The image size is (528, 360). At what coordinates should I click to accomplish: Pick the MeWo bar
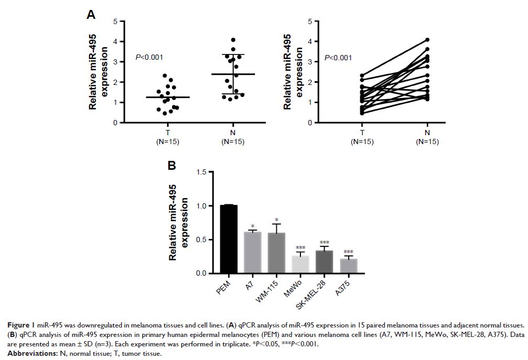click(x=300, y=264)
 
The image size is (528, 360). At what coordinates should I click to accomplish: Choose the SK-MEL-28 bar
click(x=324, y=262)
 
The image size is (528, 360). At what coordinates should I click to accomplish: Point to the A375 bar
click(x=348, y=266)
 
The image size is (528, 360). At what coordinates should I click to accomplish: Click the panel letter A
click(x=91, y=15)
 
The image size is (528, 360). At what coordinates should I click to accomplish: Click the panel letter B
click(x=171, y=166)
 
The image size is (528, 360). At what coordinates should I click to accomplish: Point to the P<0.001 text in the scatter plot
click(x=149, y=57)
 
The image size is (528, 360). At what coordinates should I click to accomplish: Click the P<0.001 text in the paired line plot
click(x=338, y=57)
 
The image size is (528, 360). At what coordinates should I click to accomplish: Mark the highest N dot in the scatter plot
click(x=233, y=40)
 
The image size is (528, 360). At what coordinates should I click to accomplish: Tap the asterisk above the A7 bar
click(x=253, y=227)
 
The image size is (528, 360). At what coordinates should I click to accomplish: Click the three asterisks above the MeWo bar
click(x=300, y=248)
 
